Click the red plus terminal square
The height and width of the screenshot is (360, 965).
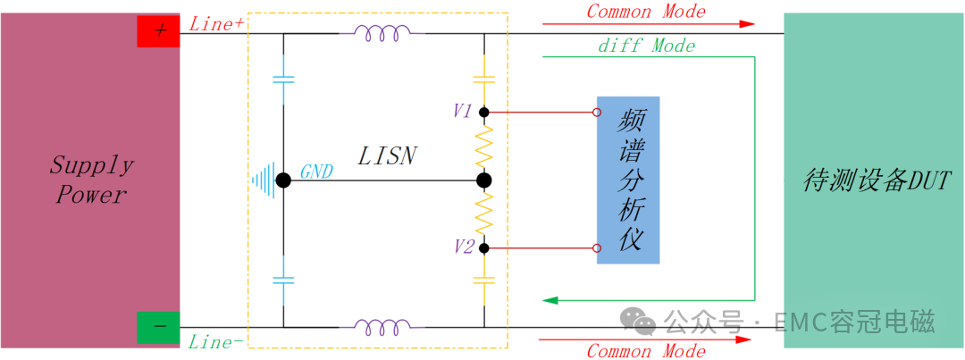tap(158, 31)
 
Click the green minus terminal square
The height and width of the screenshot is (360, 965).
tap(158, 326)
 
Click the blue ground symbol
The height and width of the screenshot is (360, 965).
tap(263, 180)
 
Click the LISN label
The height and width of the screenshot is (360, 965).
tap(387, 156)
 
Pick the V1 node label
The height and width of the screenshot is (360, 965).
tap(462, 112)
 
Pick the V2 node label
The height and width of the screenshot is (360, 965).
tap(463, 247)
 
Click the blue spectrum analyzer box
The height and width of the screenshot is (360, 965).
tap(628, 180)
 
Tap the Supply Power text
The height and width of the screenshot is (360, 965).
tap(91, 180)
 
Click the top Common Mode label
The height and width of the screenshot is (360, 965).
tap(645, 12)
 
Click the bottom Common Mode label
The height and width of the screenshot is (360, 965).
tap(645, 350)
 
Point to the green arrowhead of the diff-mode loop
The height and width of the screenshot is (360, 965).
tap(551, 299)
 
